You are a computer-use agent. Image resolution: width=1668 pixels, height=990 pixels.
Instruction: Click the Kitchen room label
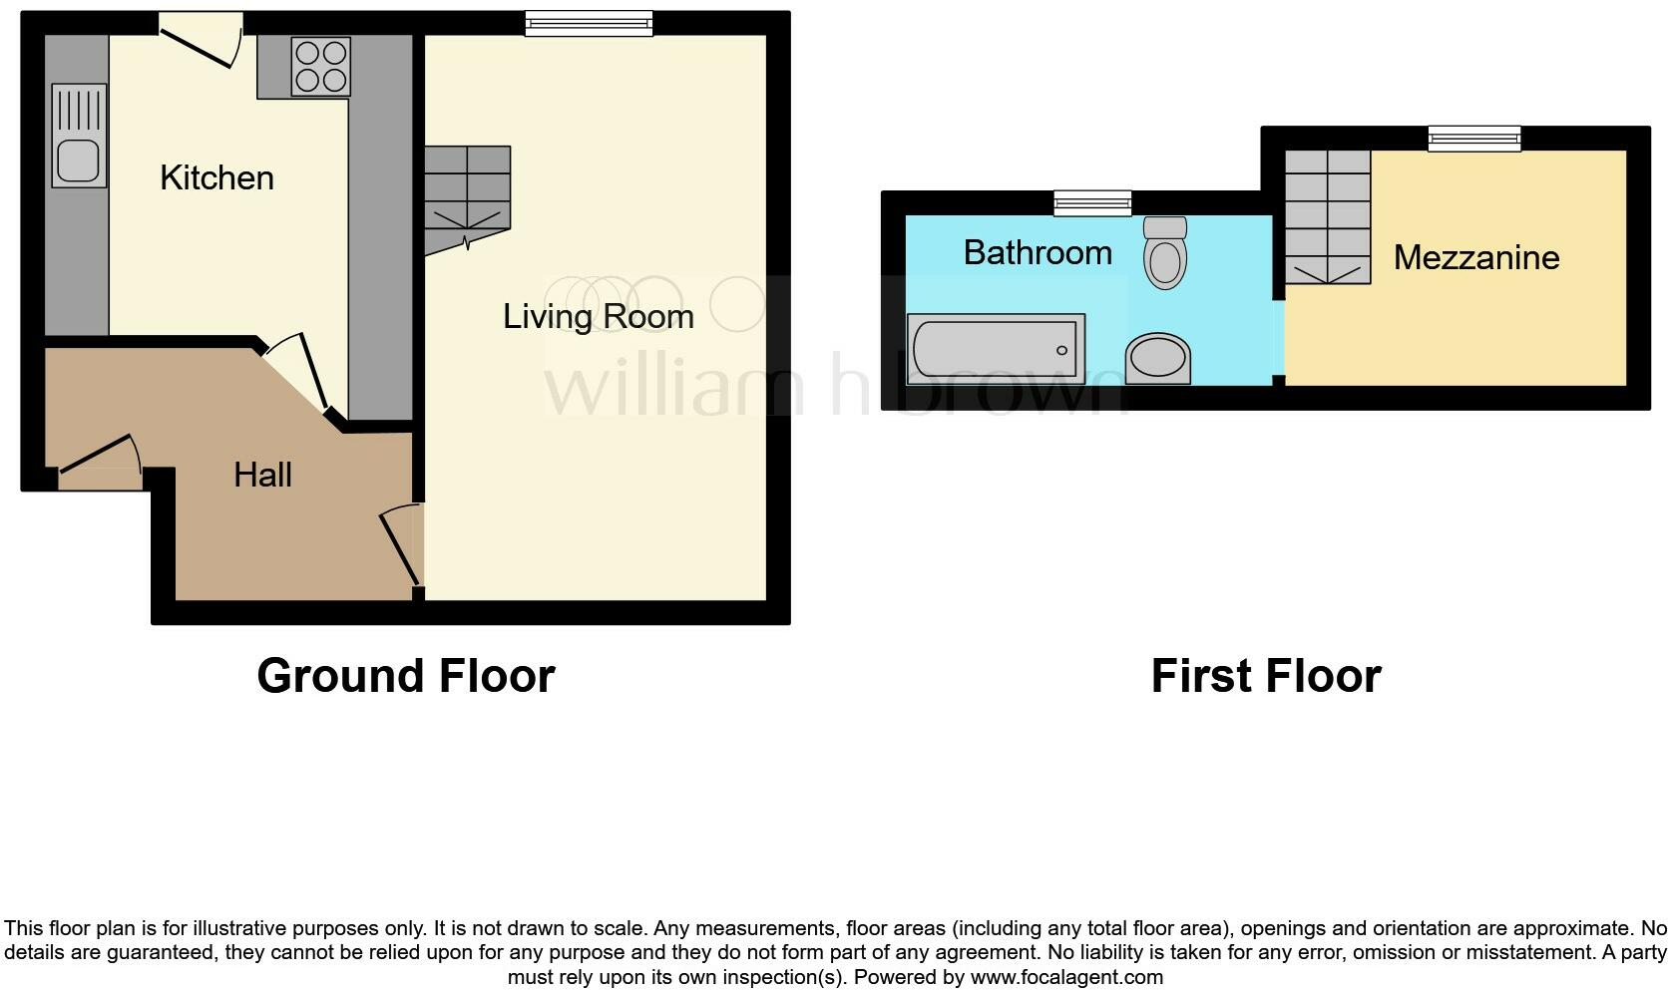(216, 177)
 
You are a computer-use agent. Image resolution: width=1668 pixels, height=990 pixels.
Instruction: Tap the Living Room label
(598, 316)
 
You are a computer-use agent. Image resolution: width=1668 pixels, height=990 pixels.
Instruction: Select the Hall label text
(262, 475)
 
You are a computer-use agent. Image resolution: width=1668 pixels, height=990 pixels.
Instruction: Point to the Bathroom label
(1038, 252)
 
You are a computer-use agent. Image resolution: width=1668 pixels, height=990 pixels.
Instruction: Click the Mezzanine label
(1475, 257)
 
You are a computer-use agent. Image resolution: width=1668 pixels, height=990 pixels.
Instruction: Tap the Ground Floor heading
(405, 676)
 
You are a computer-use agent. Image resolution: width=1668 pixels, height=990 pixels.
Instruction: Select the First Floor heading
(1265, 676)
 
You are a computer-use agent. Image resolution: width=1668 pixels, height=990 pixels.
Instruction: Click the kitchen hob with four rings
(320, 66)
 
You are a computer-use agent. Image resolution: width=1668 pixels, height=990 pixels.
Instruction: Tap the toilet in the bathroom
(1165, 253)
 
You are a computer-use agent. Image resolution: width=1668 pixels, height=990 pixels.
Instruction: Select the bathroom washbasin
(1157, 359)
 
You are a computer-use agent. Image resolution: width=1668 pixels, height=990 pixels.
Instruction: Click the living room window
(589, 23)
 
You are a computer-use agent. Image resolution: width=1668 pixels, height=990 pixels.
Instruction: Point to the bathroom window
(1092, 203)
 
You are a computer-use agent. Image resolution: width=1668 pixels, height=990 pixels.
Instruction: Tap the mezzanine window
(1473, 139)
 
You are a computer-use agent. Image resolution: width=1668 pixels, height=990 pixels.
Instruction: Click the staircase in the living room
(467, 197)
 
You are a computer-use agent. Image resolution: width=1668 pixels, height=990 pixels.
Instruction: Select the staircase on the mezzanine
(1326, 215)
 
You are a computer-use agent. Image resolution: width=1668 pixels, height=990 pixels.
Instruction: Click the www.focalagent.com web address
(1066, 977)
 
